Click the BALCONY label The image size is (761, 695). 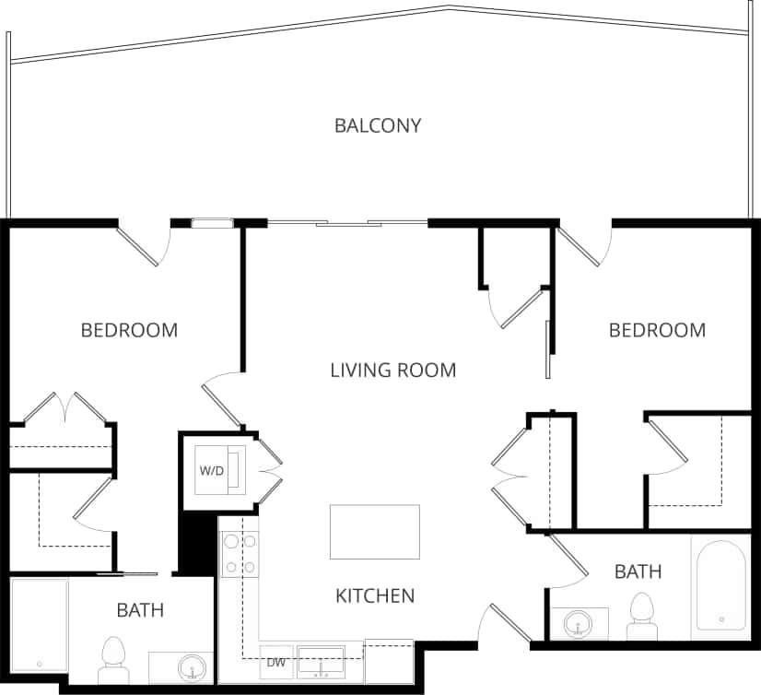pyautogui.click(x=378, y=125)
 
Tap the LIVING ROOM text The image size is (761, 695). pyautogui.click(x=393, y=371)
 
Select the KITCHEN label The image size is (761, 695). pyautogui.click(x=374, y=595)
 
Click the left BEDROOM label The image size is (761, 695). pyautogui.click(x=129, y=330)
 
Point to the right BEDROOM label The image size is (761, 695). pyautogui.click(x=657, y=330)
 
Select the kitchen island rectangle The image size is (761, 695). pyautogui.click(x=375, y=532)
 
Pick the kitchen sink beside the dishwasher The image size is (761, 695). pyautogui.click(x=321, y=661)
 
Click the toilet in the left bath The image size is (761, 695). pyautogui.click(x=113, y=659)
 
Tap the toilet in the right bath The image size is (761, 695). pyautogui.click(x=640, y=615)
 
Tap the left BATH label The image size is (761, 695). pyautogui.click(x=140, y=609)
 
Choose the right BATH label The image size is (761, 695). pyautogui.click(x=638, y=571)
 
